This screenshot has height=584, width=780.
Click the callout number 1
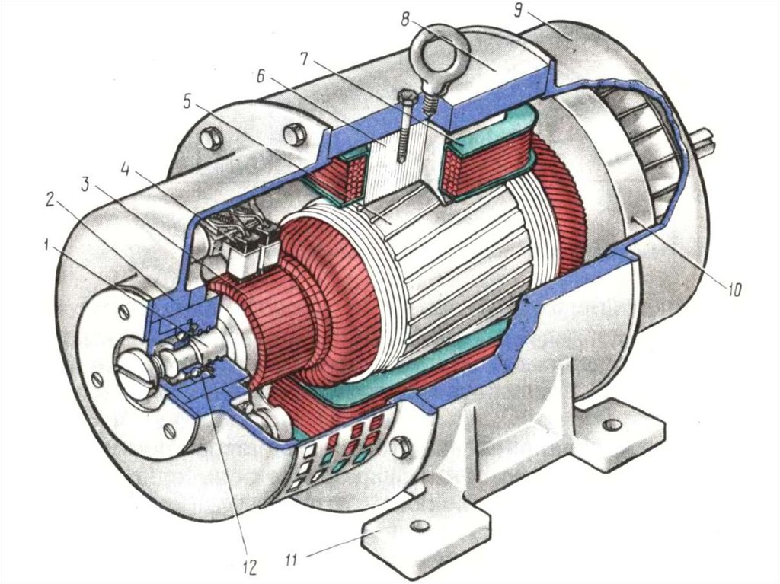pos(46,245)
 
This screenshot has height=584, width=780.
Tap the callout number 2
pos(50,200)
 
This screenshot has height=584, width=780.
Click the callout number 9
pos(518,11)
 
